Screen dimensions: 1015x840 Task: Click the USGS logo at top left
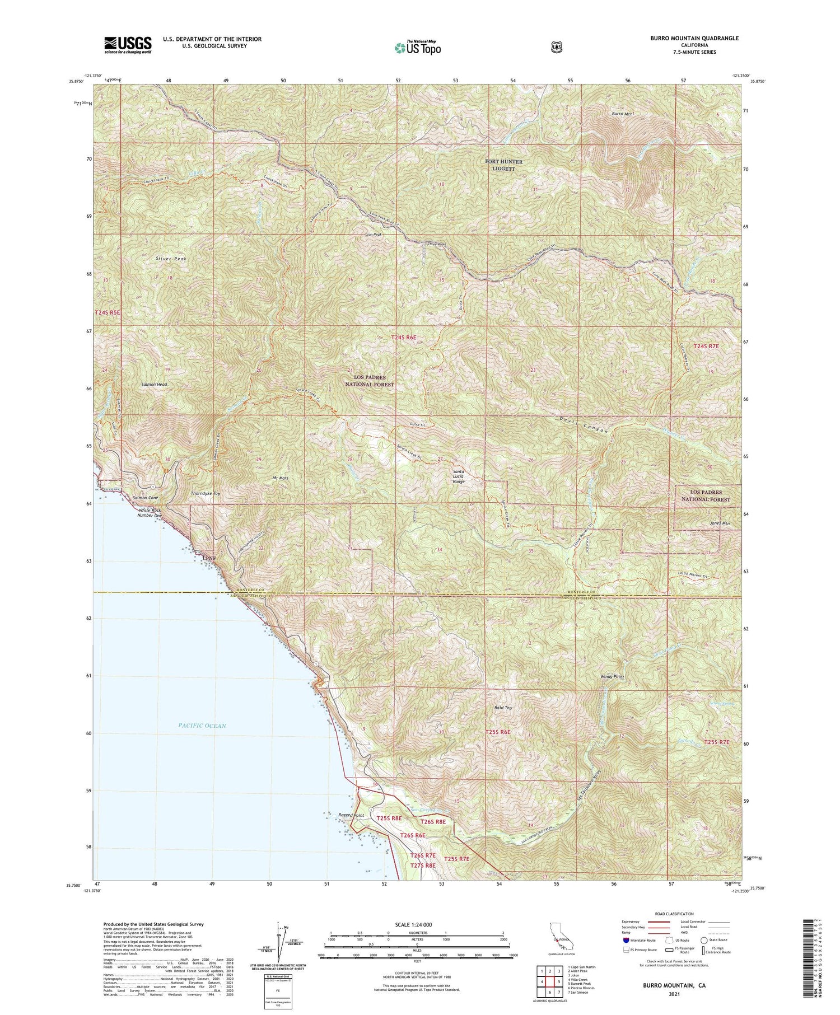click(x=128, y=45)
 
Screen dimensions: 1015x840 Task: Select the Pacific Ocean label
click(x=202, y=726)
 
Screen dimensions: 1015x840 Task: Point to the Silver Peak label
click(x=171, y=259)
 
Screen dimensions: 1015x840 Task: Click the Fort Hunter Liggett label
click(x=503, y=165)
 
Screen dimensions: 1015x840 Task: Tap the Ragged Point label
click(x=351, y=815)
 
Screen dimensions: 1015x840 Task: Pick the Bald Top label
click(x=503, y=708)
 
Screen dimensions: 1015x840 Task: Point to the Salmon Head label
click(x=154, y=385)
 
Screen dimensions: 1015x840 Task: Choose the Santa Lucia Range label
click(x=459, y=476)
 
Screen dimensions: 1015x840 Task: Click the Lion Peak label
click(x=373, y=235)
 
